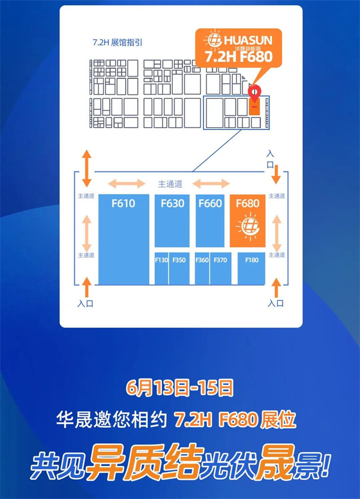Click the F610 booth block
124,240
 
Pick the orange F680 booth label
247,204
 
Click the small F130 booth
161,268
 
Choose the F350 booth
179,268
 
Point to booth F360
202,268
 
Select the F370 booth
220,268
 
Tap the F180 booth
251,268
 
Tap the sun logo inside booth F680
247,227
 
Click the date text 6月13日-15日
180,388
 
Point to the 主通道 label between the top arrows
170,184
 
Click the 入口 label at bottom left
86,303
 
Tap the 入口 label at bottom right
276,303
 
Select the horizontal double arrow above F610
126,184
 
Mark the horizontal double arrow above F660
211,184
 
